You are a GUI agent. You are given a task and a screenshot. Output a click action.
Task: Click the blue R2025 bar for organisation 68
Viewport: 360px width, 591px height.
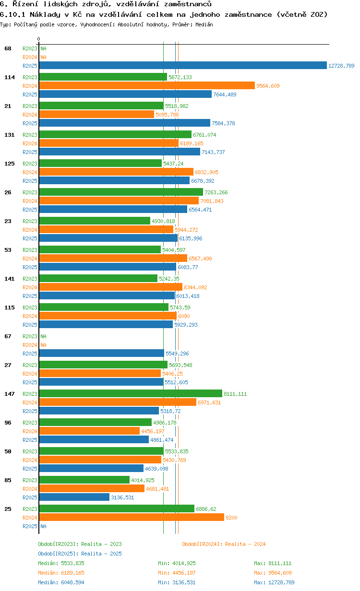pos(182,66)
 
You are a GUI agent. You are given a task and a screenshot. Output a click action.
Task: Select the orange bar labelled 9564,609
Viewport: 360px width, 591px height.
pos(147,86)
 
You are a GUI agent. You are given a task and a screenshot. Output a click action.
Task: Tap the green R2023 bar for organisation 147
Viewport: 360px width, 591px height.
pos(131,394)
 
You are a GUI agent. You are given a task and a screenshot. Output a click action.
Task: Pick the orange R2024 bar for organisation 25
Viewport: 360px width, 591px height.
pos(132,518)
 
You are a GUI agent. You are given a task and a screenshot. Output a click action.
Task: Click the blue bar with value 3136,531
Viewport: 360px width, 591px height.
pos(74,497)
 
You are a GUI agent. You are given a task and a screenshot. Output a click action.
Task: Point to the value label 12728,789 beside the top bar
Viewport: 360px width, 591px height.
pos(341,66)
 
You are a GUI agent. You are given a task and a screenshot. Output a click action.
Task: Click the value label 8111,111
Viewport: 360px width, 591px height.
pos(235,394)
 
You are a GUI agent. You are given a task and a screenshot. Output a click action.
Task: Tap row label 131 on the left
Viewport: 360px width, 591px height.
pos(10,135)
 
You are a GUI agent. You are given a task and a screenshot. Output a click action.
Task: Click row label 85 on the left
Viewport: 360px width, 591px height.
pos(8,480)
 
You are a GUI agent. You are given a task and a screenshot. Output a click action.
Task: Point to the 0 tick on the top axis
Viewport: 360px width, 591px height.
pos(39,39)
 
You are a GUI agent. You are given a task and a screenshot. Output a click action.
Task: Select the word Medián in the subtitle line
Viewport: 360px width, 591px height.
pos(204,24)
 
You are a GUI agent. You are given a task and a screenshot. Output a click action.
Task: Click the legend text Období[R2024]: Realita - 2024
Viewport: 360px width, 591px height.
pos(224,544)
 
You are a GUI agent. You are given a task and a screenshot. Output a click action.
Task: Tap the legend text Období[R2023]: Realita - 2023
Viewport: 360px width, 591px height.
pos(80,544)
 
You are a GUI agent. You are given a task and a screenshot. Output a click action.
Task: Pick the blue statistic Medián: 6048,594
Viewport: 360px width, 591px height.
pos(61,582)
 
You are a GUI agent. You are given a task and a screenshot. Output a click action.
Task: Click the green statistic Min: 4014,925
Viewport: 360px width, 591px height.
pos(177,563)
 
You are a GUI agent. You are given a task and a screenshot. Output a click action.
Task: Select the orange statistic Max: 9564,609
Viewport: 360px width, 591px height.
pos(273,573)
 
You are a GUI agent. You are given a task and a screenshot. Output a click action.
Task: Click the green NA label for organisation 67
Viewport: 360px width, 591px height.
pos(43,336)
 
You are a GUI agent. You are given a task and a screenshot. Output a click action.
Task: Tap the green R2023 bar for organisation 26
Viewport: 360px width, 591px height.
pos(121,192)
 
